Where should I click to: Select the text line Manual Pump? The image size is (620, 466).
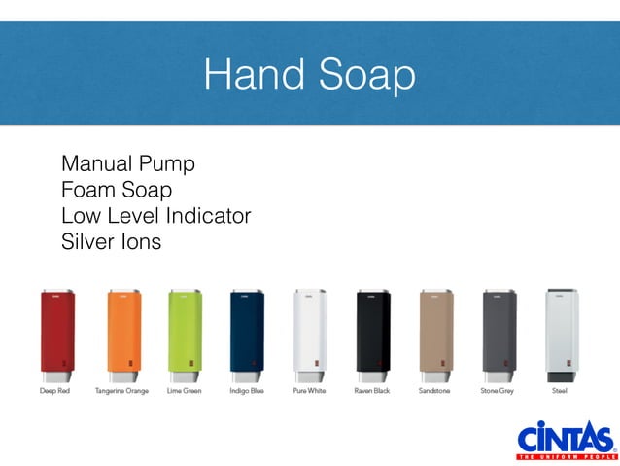tap(127, 161)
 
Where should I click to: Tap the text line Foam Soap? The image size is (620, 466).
tap(116, 188)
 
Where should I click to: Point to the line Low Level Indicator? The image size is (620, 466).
tap(155, 214)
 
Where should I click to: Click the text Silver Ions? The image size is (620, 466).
tap(111, 240)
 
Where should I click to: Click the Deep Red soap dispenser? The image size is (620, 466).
tap(56, 334)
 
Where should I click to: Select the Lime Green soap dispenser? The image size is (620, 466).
tap(184, 334)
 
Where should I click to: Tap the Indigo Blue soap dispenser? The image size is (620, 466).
tap(247, 334)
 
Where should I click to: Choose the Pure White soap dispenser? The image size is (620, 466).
tap(309, 334)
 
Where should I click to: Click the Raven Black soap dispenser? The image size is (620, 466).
tap(372, 334)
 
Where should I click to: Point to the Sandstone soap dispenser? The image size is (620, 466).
tap(435, 334)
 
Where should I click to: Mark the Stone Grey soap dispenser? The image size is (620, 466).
tap(499, 334)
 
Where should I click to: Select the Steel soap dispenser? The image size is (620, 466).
tap(561, 334)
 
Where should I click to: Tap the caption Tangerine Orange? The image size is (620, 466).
tap(121, 391)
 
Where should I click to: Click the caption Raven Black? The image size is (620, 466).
tap(372, 391)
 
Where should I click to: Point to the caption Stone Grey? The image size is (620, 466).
tap(499, 391)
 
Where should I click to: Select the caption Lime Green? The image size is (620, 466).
tap(184, 391)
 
